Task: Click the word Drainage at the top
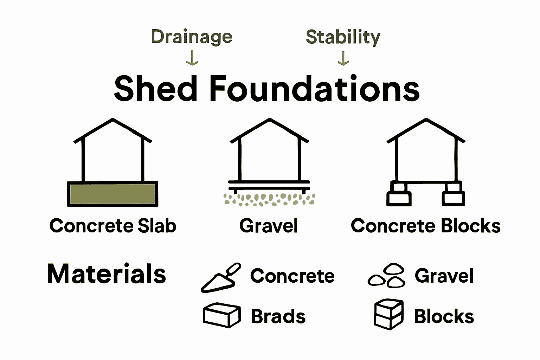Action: pyautogui.click(x=192, y=37)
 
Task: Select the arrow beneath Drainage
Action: pyautogui.click(x=192, y=58)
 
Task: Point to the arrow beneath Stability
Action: pyautogui.click(x=343, y=58)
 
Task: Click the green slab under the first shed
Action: pyautogui.click(x=112, y=194)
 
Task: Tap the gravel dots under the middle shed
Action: pyautogui.click(x=269, y=199)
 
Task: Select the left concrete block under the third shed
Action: pyautogui.click(x=399, y=194)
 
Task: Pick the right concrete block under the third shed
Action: pyautogui.click(x=453, y=194)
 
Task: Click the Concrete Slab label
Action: pyautogui.click(x=112, y=226)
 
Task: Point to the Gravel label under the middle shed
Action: pyautogui.click(x=269, y=226)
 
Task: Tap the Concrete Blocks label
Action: pyautogui.click(x=426, y=226)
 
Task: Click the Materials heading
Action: pyautogui.click(x=106, y=274)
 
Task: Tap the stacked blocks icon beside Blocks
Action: pyautogui.click(x=388, y=314)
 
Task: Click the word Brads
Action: pyautogui.click(x=278, y=316)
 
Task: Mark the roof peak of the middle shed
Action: pyautogui.click(x=270, y=120)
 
